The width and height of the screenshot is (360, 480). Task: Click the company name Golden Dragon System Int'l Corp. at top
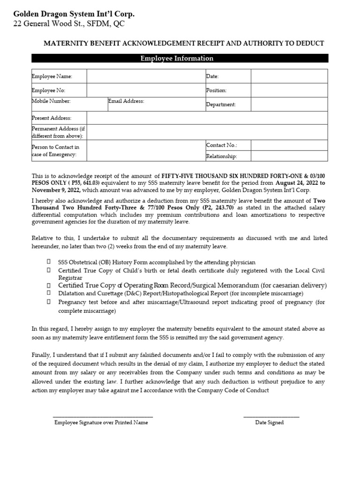[x=74, y=15]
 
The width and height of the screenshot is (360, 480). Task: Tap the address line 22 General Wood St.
[x=69, y=24]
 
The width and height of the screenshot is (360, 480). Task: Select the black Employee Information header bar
[x=180, y=59]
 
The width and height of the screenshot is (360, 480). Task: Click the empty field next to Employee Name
[x=145, y=76]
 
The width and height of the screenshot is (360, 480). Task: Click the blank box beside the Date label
[x=289, y=76]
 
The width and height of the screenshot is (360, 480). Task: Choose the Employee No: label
[x=49, y=90]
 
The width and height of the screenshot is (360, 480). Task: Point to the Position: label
[x=216, y=90]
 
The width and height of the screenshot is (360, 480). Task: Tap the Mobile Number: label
[x=51, y=101]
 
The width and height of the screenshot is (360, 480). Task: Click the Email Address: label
[x=126, y=101]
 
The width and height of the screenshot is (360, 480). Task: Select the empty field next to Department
[x=289, y=105]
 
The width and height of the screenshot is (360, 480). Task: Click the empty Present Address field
[x=207, y=118]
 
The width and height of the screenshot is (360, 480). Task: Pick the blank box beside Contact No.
[x=289, y=146]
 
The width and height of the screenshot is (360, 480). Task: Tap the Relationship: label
[x=221, y=157]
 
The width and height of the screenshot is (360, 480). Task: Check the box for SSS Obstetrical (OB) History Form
[x=49, y=262]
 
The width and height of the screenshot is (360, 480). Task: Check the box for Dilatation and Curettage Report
[x=49, y=293]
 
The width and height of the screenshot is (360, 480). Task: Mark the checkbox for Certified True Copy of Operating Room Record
[x=49, y=285]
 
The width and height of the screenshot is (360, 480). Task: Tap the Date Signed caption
[x=269, y=422]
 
